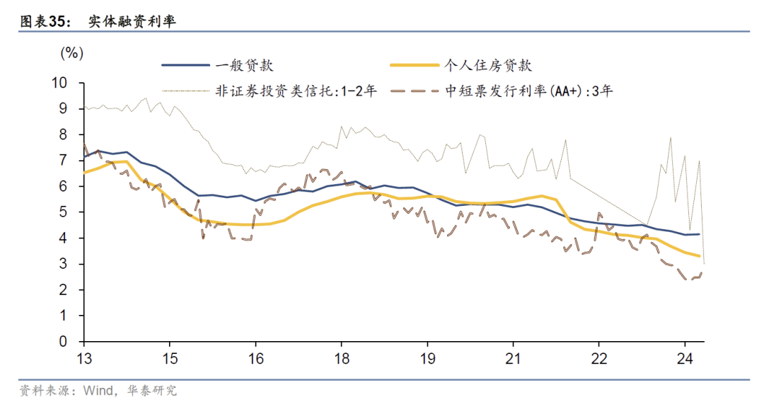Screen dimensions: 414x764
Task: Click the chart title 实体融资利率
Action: tap(132, 22)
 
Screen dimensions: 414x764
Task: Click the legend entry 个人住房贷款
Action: tap(487, 65)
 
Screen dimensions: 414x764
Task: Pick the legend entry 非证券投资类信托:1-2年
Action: tap(296, 91)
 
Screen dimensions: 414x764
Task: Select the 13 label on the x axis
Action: tap(83, 358)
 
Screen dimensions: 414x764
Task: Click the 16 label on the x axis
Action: tap(255, 358)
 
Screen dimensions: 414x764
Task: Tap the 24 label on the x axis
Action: tap(684, 358)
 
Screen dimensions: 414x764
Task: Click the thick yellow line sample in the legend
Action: tap(415, 65)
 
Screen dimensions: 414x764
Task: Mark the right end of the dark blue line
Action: tap(699, 234)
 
